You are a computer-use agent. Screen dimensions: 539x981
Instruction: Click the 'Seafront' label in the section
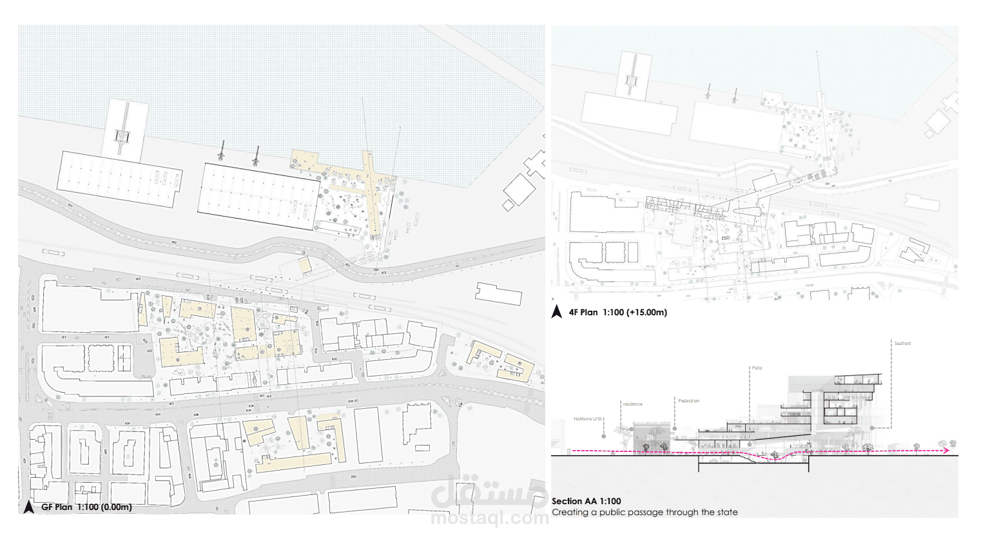[x=902, y=344]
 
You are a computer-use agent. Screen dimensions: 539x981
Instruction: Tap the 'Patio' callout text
[x=757, y=368]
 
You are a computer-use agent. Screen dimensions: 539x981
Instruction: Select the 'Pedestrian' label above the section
[x=688, y=401]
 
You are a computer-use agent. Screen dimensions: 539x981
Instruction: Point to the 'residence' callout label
[x=632, y=404]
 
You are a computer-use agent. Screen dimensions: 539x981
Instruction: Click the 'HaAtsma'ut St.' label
[x=588, y=419]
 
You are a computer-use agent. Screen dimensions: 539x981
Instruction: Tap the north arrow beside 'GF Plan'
[x=28, y=507]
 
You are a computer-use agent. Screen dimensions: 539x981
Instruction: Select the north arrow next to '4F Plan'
[x=557, y=312]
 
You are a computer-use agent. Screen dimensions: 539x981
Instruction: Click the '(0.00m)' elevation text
[x=117, y=507]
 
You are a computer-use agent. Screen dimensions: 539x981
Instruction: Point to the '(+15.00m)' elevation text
[x=646, y=313]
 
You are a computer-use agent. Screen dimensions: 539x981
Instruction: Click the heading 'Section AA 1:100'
[x=586, y=501]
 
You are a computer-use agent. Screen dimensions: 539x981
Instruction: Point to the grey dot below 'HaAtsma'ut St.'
[x=604, y=436]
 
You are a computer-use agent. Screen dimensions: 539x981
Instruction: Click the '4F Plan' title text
[x=583, y=313]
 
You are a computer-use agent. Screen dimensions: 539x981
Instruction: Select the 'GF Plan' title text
[x=57, y=507]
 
